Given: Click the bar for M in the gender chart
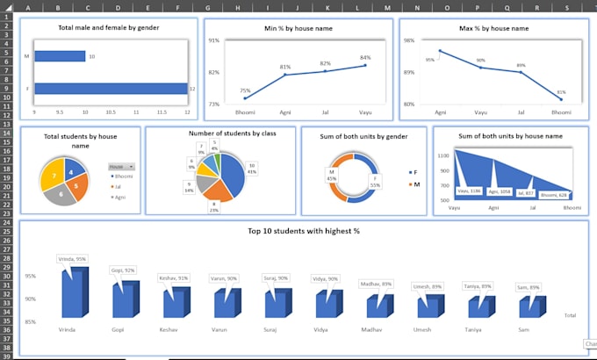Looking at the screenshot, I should pos(60,56).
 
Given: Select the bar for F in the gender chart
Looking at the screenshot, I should pos(110,88).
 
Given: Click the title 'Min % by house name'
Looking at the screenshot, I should pos(298,29).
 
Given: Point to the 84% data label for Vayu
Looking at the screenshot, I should pos(365,58).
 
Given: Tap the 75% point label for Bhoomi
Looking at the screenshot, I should pos(245,90).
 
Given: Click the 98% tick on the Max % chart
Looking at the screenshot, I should pos(408,40).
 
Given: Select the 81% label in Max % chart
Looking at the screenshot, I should pos(561,91).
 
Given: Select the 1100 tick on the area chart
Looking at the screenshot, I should pos(443,155).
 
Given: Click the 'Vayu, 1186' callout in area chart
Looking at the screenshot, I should pos(469,190).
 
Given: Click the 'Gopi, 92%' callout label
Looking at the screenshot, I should pos(122,270).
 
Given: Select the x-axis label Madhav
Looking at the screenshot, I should pos(371,329).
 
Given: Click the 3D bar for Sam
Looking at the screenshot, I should pos(529,306).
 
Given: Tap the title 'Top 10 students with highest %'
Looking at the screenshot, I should pos(303,231).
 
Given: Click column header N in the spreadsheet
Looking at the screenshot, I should pos(417,8).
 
